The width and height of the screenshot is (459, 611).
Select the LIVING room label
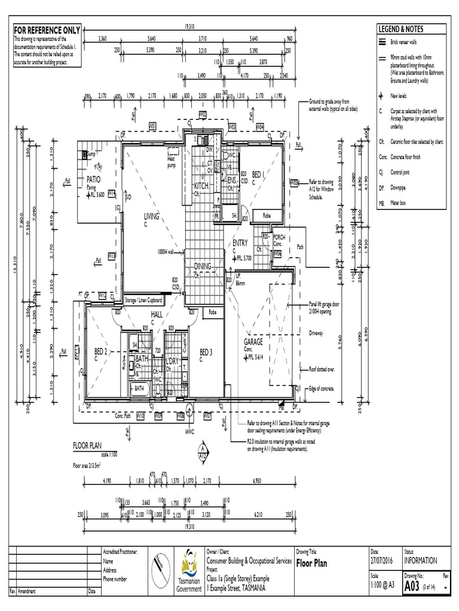coord(151,217)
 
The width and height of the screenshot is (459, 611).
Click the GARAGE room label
coord(253,342)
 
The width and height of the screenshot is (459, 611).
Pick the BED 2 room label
coord(100,351)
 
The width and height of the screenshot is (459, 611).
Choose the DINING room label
coord(203,266)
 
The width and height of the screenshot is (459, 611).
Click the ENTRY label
coord(240,243)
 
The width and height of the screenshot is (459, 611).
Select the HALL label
coord(157,314)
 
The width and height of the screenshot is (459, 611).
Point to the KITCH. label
coord(200,186)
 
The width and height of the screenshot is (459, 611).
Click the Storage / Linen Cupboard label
coord(143,301)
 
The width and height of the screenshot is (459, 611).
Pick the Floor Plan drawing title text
coord(311,563)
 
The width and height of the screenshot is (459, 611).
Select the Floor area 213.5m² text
coord(93,465)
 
